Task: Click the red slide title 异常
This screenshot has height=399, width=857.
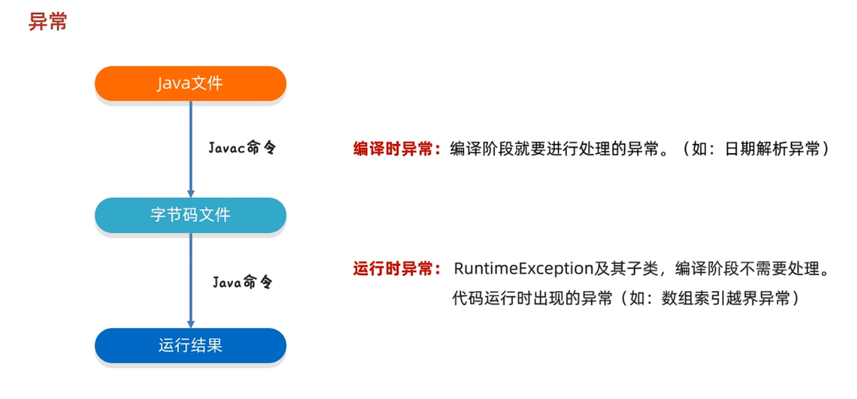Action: coord(48,23)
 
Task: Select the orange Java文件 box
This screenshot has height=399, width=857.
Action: coord(190,83)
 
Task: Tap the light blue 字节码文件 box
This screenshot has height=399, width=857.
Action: coord(190,215)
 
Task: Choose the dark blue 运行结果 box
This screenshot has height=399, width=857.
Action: coord(190,346)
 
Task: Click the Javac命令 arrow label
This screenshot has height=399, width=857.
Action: coord(242,148)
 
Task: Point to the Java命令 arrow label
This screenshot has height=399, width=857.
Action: coord(242,282)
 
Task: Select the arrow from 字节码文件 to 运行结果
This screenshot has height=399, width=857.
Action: coord(191,279)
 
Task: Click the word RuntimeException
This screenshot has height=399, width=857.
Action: coord(524,268)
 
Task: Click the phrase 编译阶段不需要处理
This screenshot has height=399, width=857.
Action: coord(747,268)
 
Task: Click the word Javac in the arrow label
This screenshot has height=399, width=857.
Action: coord(226,148)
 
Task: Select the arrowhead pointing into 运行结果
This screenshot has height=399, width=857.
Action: coord(191,323)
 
